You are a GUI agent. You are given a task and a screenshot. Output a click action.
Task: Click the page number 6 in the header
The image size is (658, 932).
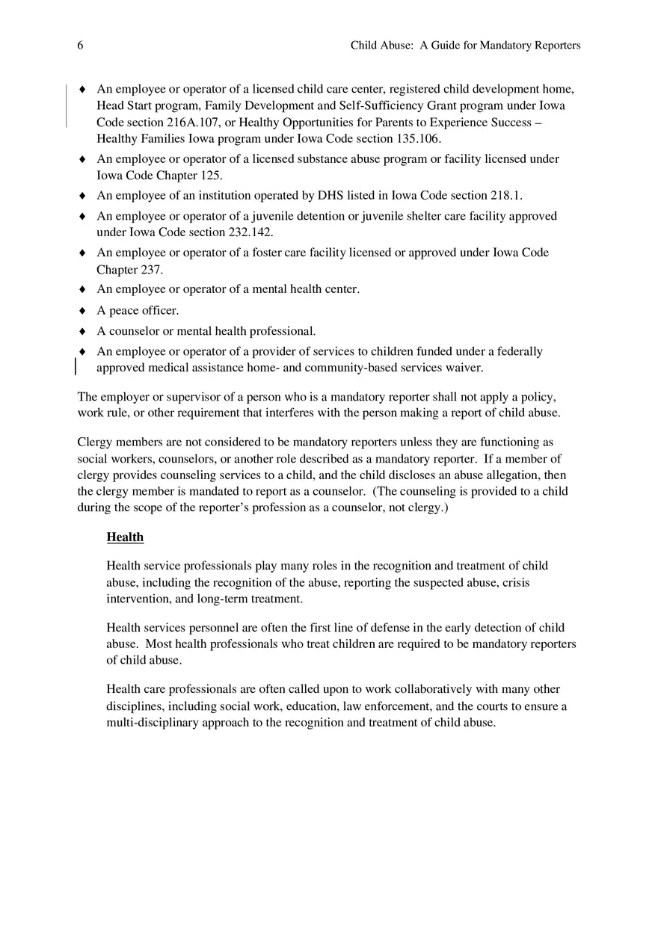tap(80, 46)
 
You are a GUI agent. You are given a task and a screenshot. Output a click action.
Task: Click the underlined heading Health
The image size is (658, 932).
tap(125, 537)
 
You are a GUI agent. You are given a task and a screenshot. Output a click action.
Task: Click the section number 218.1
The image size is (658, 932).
tap(505, 196)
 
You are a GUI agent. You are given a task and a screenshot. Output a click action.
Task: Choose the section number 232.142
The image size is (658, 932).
tap(249, 232)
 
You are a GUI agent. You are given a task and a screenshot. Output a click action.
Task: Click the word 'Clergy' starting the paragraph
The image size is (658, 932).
tap(95, 442)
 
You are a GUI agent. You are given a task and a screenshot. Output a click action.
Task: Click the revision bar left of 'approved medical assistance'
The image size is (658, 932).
tap(76, 366)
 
